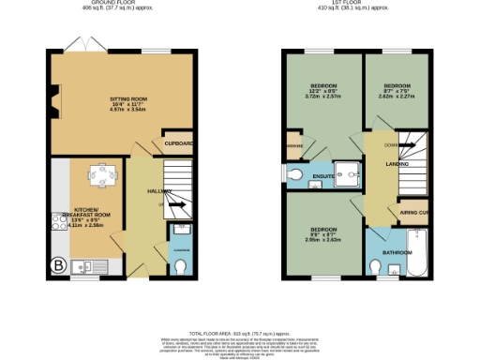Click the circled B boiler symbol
pos(58,265)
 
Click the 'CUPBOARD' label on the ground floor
pos(179,144)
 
